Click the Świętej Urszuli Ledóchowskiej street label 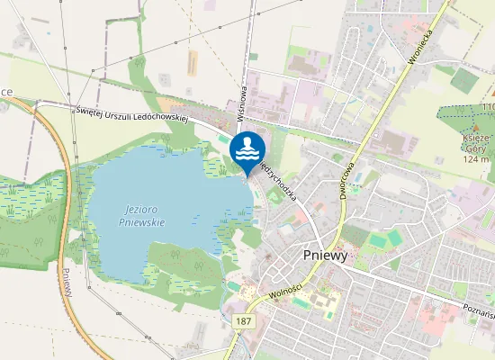(x=130, y=112)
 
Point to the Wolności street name (x=285, y=292)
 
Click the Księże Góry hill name (x=475, y=143)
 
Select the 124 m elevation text (x=475, y=159)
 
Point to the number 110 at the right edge (x=488, y=107)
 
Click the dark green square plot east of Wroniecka (x=464, y=80)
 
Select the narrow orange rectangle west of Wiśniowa (x=192, y=63)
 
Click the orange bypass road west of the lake (x=56, y=180)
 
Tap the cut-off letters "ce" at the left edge (x=5, y=92)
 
